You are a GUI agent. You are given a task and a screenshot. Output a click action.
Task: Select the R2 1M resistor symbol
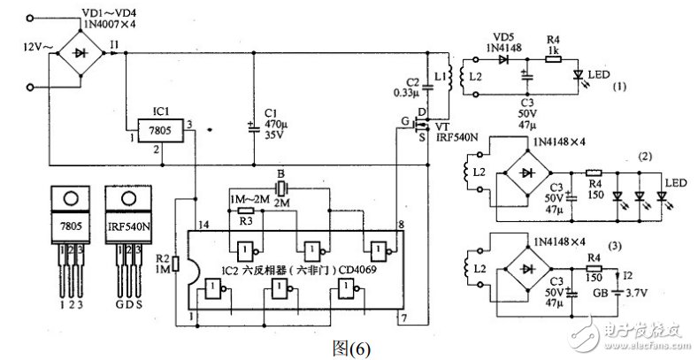pyautogui.click(x=178, y=264)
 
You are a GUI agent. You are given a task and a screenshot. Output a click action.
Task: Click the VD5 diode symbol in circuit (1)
pyautogui.click(x=505, y=60)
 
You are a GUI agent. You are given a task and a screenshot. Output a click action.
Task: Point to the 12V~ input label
pyautogui.click(x=20, y=45)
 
